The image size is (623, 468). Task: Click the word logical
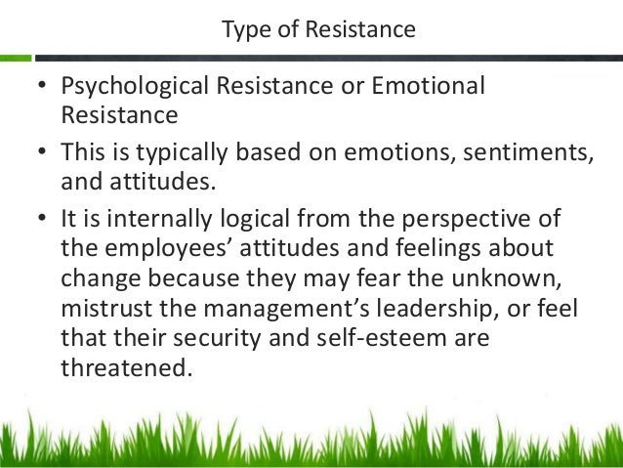pyautogui.click(x=256, y=216)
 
